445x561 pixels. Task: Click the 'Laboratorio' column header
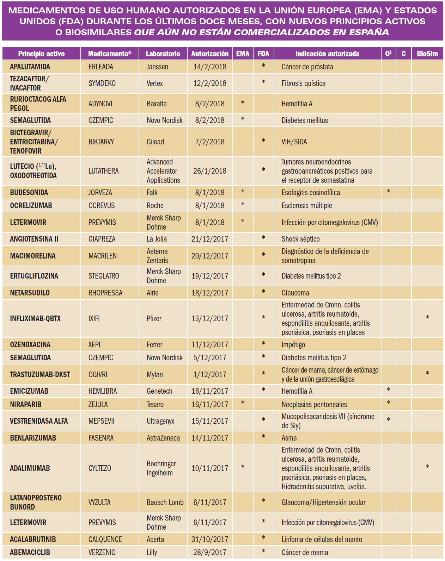pos(163,54)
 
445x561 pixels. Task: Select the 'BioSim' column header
pos(427,54)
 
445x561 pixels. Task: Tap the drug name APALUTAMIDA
pos(30,67)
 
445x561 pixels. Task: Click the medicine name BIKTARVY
pos(101,142)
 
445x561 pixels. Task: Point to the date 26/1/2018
pos(209,171)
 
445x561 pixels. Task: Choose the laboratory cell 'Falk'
pos(152,193)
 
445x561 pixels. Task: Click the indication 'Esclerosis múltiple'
pos(306,206)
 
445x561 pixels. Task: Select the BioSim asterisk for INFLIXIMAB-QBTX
pos(427,318)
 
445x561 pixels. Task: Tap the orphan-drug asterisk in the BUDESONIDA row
pos(388,192)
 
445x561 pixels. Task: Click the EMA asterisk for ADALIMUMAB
pos(243,467)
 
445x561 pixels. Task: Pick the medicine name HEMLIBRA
pos(103,391)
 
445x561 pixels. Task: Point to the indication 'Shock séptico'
pos(300,239)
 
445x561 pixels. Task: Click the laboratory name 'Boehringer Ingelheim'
pos(161,468)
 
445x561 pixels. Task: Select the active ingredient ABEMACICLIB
pos(30,553)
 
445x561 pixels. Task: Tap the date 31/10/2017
pos(209,540)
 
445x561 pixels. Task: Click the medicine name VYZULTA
pos(99,503)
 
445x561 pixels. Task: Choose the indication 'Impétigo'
pos(293,345)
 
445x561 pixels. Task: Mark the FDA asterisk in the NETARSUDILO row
pos(263,292)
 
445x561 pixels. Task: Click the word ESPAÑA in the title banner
pos(369,32)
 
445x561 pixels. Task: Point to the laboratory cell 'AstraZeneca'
pos(163,438)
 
